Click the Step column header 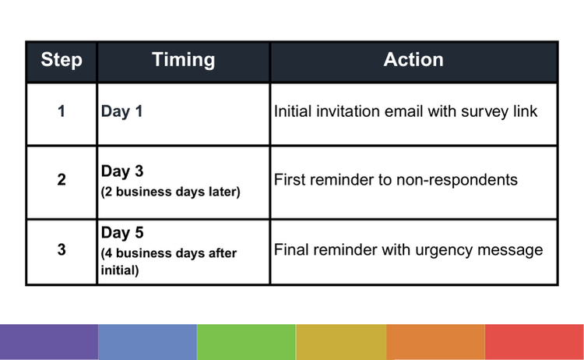(x=62, y=60)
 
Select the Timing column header (x=184, y=60)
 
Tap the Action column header (x=413, y=60)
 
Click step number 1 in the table (x=62, y=111)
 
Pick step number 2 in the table (x=62, y=180)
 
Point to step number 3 (x=62, y=249)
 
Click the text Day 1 (x=121, y=111)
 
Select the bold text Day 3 (x=122, y=171)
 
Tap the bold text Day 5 (x=122, y=233)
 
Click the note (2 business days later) (x=171, y=192)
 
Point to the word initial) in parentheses (x=120, y=270)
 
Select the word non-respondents (x=457, y=180)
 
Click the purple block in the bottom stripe (x=49, y=342)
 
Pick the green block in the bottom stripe (x=246, y=342)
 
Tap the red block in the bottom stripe (x=534, y=342)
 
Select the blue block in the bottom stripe (x=147, y=342)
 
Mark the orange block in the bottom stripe (x=435, y=342)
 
